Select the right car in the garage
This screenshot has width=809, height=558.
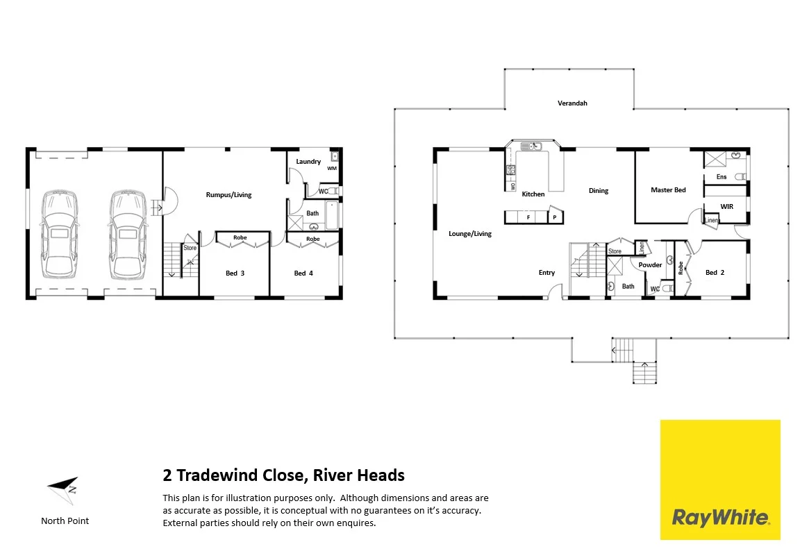[x=126, y=233]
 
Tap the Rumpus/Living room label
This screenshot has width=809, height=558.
[x=228, y=195]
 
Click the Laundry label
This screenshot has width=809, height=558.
[x=308, y=162]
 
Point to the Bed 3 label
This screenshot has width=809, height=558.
[x=235, y=273]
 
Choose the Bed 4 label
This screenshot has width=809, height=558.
[x=303, y=273]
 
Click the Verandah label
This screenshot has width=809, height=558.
[x=572, y=103]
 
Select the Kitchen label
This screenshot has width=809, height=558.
[x=533, y=194]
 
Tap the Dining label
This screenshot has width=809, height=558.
[x=599, y=191]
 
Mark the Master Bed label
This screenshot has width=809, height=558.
[x=668, y=190]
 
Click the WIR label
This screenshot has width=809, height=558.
[x=727, y=207]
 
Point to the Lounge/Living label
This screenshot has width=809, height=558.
[x=470, y=234]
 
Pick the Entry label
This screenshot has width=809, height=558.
[x=547, y=273]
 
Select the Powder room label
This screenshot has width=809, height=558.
[x=650, y=265]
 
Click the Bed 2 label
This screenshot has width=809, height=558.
[x=715, y=273]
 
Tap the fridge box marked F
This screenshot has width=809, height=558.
[x=528, y=218]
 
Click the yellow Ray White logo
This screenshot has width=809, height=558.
[x=719, y=480]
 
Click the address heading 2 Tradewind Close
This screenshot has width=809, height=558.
[x=283, y=476]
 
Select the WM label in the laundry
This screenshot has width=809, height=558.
[x=331, y=168]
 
